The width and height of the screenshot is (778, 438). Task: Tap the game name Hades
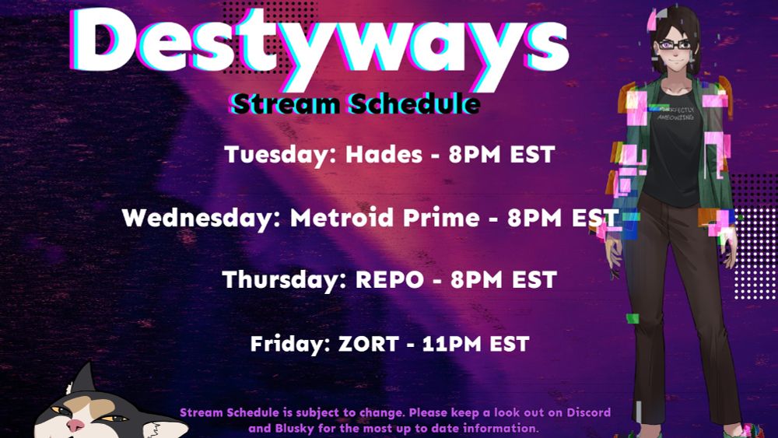click(384, 154)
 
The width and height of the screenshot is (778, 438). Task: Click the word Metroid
click(342, 218)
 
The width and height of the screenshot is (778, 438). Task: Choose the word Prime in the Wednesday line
click(441, 218)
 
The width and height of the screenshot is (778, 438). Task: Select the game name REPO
click(390, 280)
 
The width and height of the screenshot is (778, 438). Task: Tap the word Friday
click(290, 344)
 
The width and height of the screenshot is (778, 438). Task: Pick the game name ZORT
click(369, 344)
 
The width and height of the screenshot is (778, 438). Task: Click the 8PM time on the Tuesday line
click(475, 155)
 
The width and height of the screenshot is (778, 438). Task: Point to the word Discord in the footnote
click(589, 412)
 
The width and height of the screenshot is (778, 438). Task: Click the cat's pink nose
click(75, 425)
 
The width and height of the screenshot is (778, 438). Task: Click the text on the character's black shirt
click(675, 114)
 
